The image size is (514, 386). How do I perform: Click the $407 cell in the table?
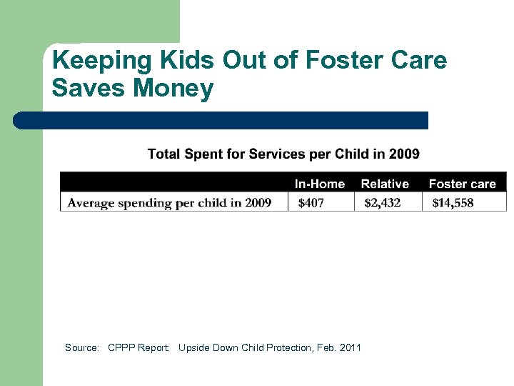pos(311,203)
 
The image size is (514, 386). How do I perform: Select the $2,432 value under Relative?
pos(382,203)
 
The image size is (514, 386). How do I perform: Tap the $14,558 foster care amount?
pos(453,203)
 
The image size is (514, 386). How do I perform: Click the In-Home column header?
pos(319,184)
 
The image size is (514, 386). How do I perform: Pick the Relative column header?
pos(385,184)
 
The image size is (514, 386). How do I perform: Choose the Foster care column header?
pos(462,184)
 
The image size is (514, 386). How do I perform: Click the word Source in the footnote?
pos(82,348)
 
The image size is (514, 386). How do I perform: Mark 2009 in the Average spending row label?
pos(258,203)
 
